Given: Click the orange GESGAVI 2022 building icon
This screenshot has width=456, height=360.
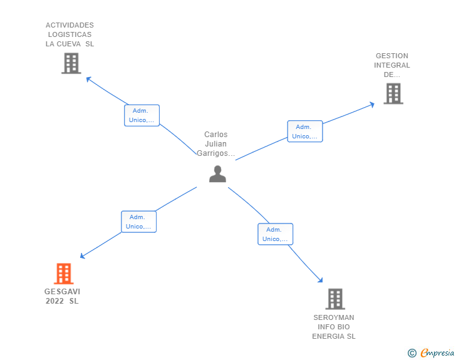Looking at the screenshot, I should click(63, 274).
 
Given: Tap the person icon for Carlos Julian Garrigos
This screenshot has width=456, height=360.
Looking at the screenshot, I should click(217, 174).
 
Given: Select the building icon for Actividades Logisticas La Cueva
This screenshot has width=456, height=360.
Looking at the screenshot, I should click(71, 63).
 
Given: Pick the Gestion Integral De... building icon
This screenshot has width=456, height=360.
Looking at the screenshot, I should click(393, 94).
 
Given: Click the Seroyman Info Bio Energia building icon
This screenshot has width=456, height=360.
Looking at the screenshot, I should click(335, 299).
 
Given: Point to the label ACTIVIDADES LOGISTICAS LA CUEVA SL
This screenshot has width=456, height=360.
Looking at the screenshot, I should click(70, 34).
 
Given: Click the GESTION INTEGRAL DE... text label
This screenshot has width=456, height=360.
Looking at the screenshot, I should click(392, 65).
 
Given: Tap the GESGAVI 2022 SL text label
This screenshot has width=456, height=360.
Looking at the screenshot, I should click(63, 296).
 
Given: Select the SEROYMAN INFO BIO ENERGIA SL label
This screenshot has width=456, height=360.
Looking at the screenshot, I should click(334, 327).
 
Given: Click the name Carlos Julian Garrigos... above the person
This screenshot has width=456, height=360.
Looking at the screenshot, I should click(216, 144).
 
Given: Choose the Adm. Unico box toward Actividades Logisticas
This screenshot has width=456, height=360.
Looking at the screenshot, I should click(142, 116).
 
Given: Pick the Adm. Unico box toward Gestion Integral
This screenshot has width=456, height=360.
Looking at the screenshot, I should click(305, 131).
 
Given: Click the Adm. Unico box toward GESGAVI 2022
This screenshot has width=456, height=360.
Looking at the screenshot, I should click(138, 222).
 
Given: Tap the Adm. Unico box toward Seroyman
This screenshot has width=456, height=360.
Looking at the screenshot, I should click(275, 234).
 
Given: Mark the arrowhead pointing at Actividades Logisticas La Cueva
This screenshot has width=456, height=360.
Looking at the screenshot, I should click(88, 79).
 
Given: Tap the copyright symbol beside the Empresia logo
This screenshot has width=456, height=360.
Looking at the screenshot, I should click(412, 353).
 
